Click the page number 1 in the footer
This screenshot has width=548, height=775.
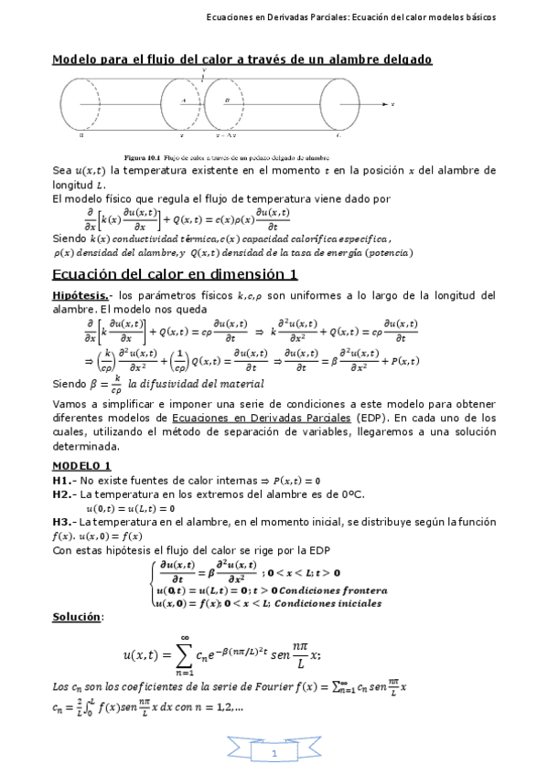pos(274,754)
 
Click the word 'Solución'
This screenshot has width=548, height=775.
pos(76,617)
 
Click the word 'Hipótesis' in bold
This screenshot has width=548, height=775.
pos(76,295)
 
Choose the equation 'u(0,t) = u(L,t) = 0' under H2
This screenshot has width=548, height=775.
pos(130,508)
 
